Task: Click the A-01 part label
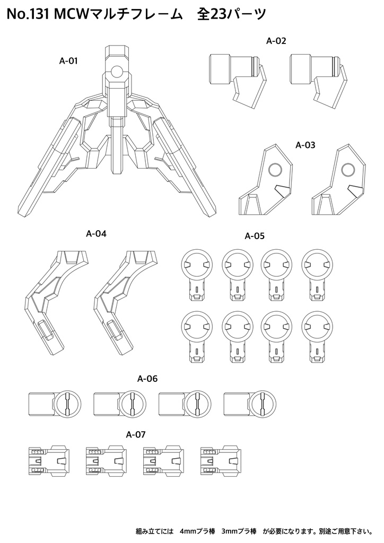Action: (x=68, y=61)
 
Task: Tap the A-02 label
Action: (x=276, y=40)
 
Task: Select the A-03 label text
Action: (x=305, y=144)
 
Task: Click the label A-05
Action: (x=255, y=236)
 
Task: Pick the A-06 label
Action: (x=147, y=379)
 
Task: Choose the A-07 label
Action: (x=136, y=434)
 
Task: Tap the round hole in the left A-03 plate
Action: (x=275, y=170)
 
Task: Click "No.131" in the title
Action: (x=26, y=16)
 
